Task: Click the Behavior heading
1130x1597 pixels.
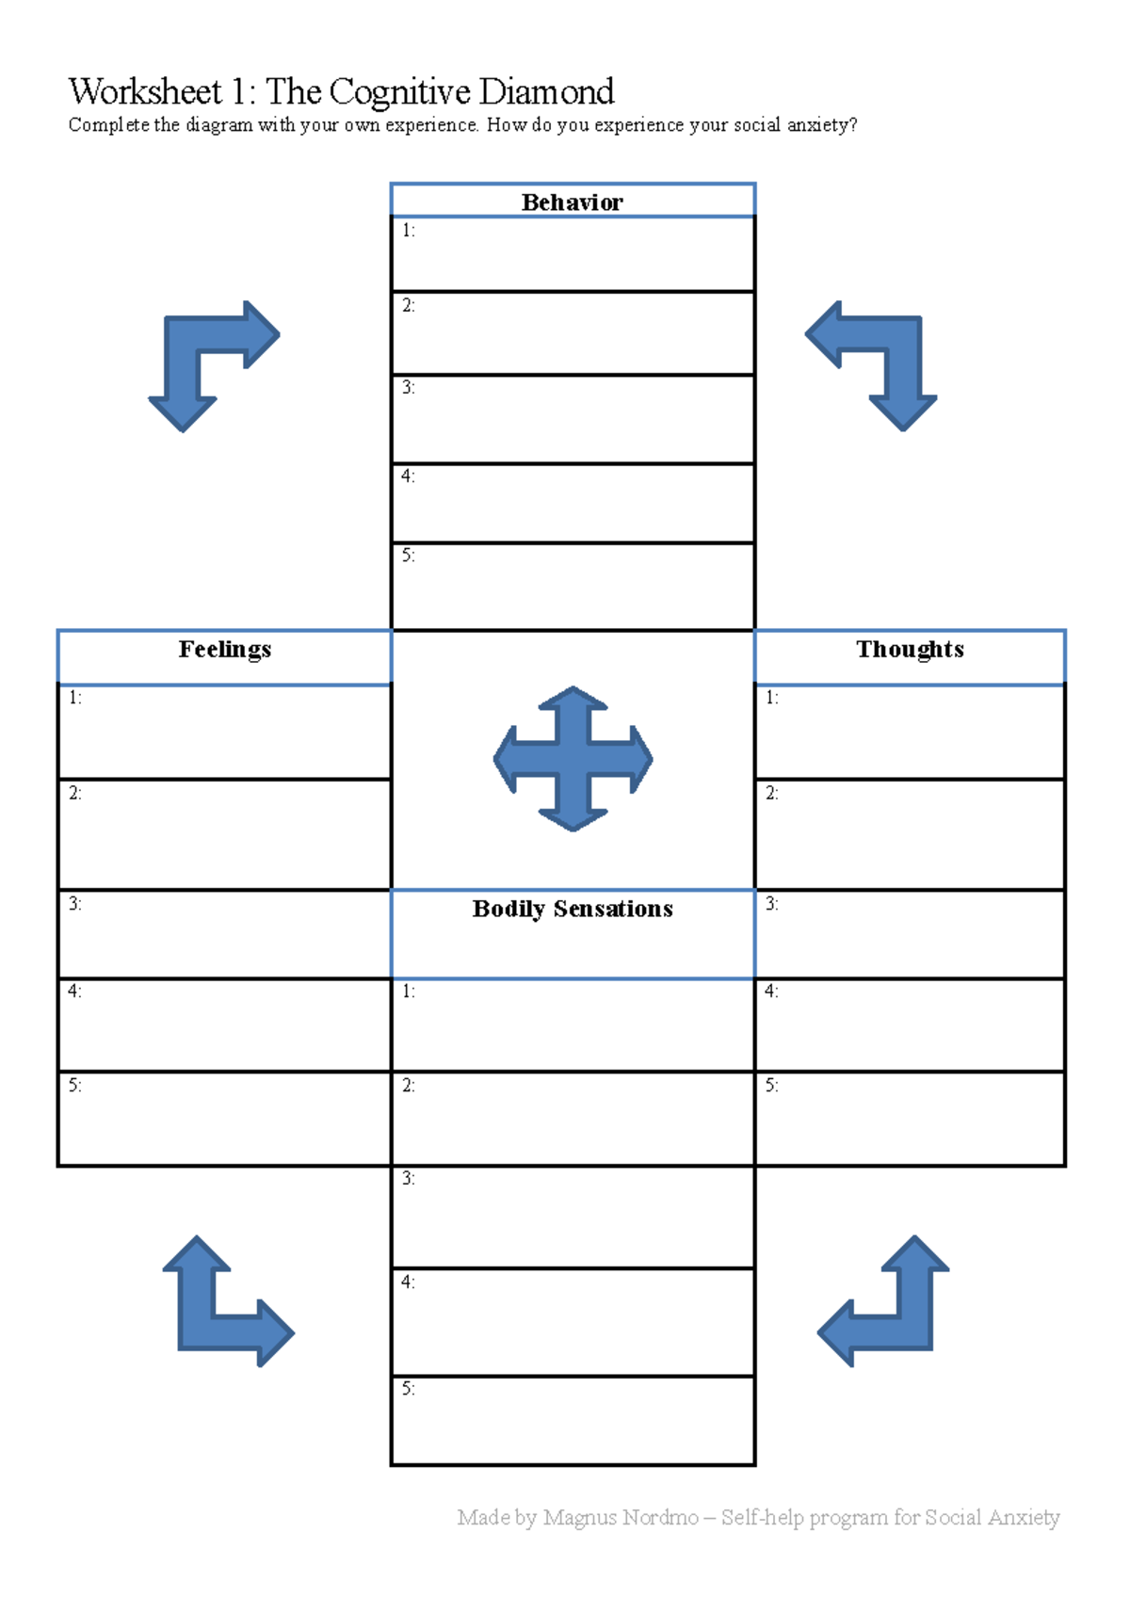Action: (x=573, y=202)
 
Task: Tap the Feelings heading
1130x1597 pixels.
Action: (x=225, y=649)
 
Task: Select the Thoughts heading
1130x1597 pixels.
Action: (x=910, y=649)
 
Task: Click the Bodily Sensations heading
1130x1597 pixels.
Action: (x=573, y=909)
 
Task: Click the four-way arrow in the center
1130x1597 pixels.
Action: (x=573, y=759)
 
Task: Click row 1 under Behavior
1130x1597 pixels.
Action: (x=573, y=254)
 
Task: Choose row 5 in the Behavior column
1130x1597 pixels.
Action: (x=573, y=586)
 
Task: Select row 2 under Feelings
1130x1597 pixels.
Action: (x=225, y=833)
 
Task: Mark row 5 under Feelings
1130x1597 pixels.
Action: (x=225, y=1118)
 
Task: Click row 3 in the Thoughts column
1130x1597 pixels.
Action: (x=910, y=933)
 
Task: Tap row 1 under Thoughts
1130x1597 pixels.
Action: (x=910, y=731)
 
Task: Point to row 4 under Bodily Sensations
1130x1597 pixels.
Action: (x=573, y=1321)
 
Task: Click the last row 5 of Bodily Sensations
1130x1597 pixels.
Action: (x=573, y=1420)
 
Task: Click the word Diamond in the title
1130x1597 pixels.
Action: (x=546, y=92)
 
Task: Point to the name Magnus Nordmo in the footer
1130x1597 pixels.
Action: (x=621, y=1517)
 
